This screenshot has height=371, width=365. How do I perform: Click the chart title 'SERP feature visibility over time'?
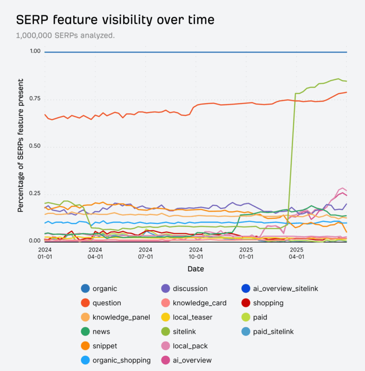[115, 20]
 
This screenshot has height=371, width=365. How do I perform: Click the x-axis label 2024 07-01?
[146, 253]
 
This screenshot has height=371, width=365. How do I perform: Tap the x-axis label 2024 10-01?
[196, 253]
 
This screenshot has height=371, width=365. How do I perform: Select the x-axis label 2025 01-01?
[246, 253]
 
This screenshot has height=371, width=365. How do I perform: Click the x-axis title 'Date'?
[196, 269]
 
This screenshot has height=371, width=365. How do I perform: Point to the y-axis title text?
[21, 145]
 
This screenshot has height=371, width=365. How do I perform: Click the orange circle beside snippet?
[85, 346]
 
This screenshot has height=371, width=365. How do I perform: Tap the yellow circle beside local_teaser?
[165, 317]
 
